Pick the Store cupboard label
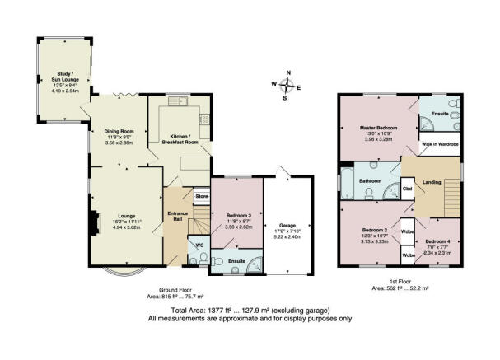202,197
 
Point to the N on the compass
288,73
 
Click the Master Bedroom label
378,129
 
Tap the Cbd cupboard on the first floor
407,189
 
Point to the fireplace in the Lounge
95,220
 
